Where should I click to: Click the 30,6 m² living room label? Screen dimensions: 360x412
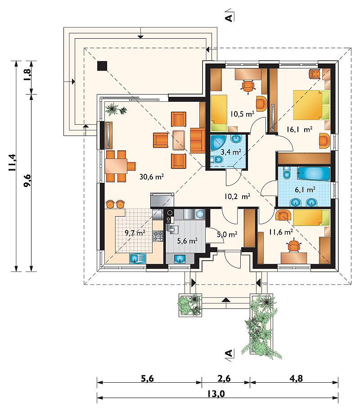click(152, 177)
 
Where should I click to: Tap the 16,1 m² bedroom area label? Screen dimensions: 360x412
click(300, 129)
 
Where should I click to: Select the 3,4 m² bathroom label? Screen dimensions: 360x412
click(231, 152)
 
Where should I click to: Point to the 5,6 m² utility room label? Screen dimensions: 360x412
click(187, 240)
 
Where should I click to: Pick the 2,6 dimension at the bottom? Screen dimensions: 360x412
click(224, 378)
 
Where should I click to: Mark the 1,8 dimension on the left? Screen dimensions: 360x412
click(27, 75)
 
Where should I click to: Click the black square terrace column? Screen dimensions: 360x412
click(102, 66)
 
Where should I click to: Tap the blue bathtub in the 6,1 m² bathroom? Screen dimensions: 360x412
click(314, 174)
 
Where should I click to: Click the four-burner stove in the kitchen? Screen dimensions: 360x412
click(158, 235)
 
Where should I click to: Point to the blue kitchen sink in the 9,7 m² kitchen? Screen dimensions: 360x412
click(138, 258)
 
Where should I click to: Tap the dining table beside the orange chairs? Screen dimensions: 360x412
click(116, 166)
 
